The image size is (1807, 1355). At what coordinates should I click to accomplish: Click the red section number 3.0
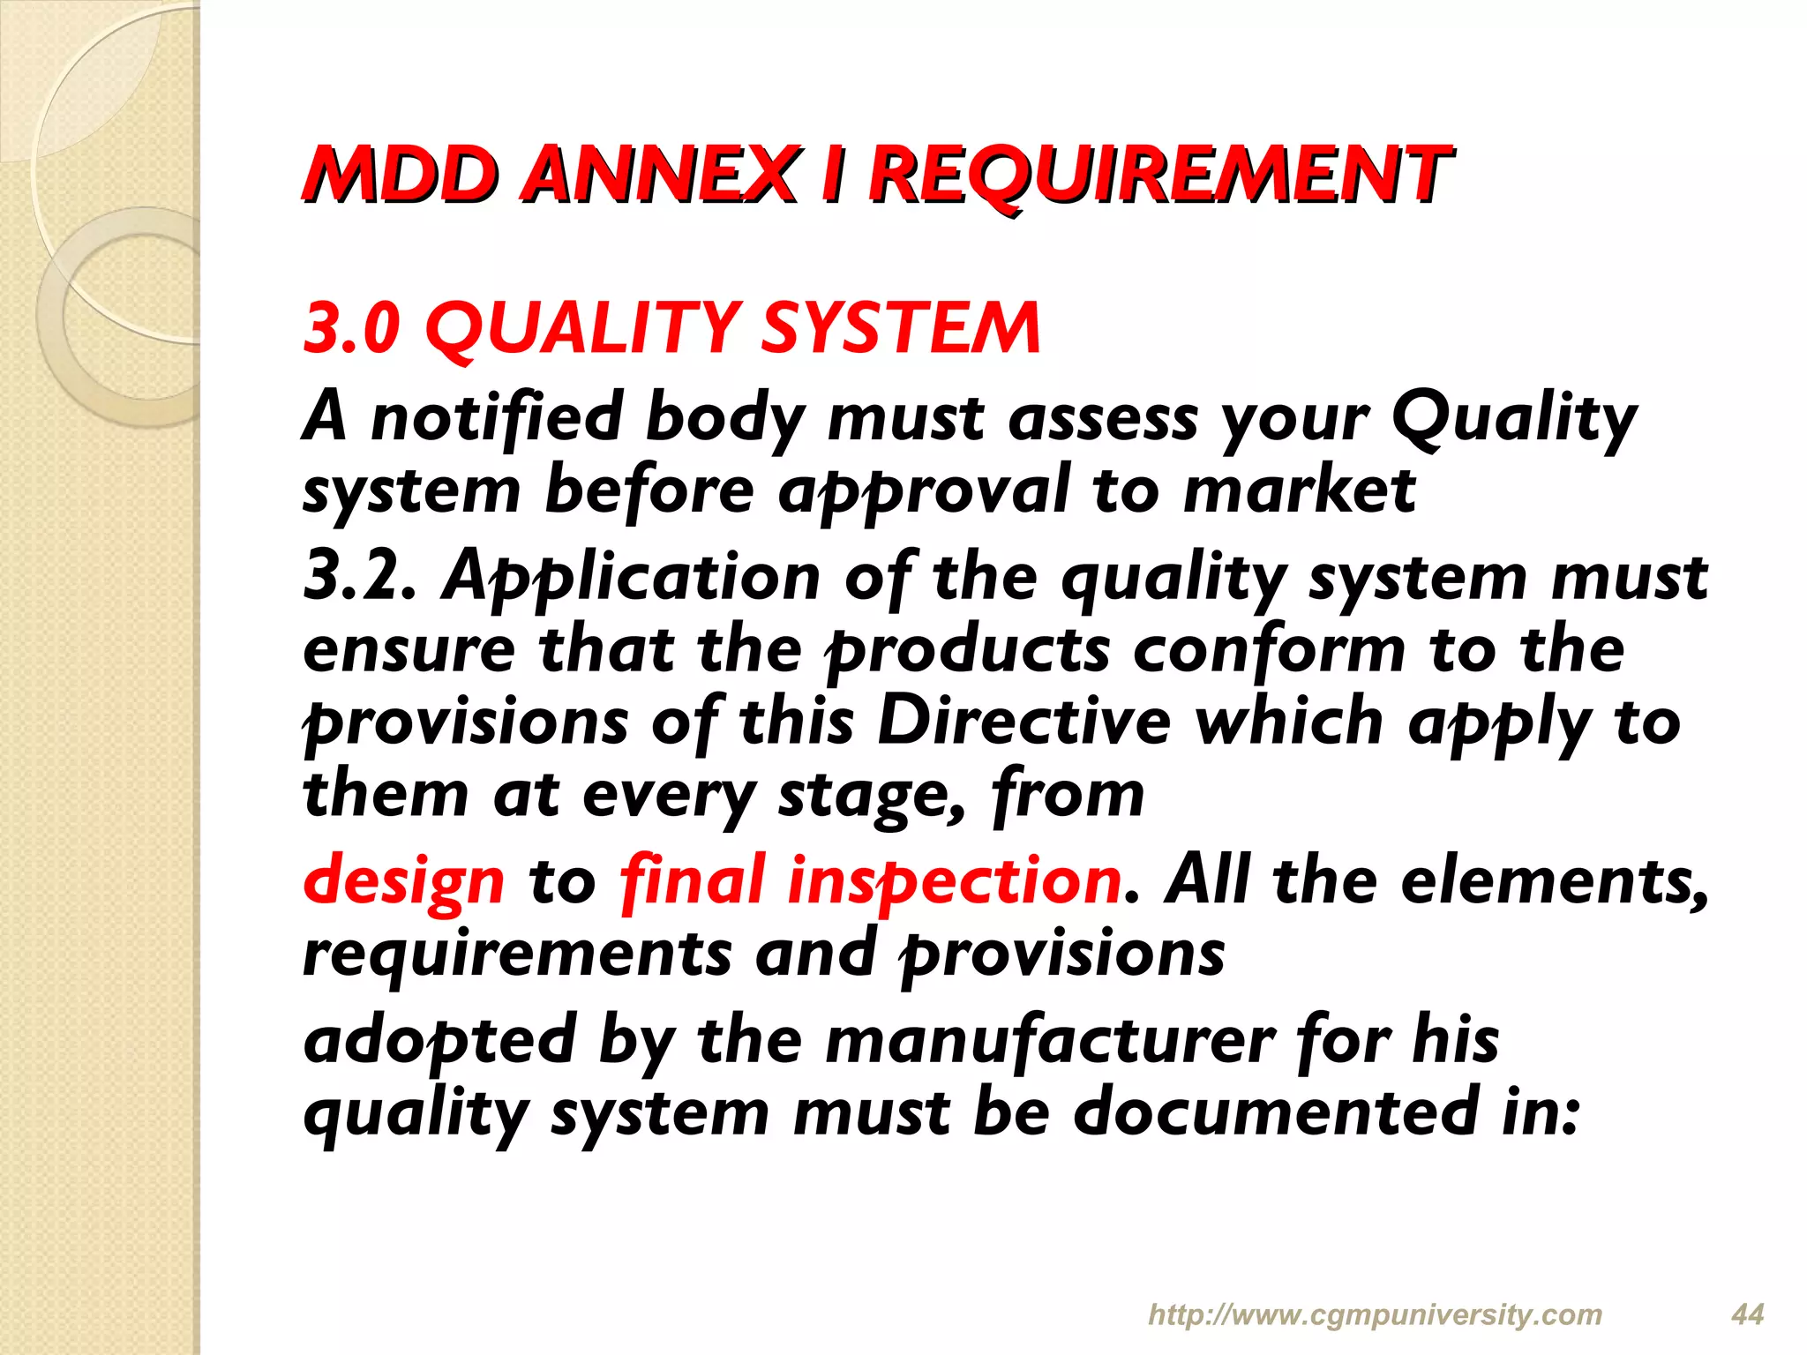[x=351, y=328]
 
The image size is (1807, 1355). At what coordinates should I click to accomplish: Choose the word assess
[x=1103, y=419]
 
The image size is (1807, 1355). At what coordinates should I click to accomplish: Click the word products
[x=967, y=651]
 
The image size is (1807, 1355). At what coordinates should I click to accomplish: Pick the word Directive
[x=1023, y=722]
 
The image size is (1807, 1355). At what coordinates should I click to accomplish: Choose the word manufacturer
[x=1050, y=1041]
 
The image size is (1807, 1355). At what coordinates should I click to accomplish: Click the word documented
[x=1274, y=1112]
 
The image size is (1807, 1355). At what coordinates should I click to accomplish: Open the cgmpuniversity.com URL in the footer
[x=1375, y=1314]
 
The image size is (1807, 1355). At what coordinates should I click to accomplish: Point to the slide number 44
[x=1747, y=1314]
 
